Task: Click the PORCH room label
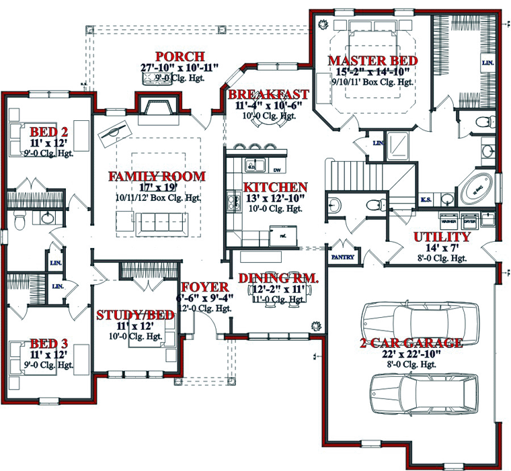click(x=180, y=56)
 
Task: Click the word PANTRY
click(x=342, y=257)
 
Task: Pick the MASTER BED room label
click(x=372, y=60)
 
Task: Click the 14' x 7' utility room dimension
click(x=441, y=248)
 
